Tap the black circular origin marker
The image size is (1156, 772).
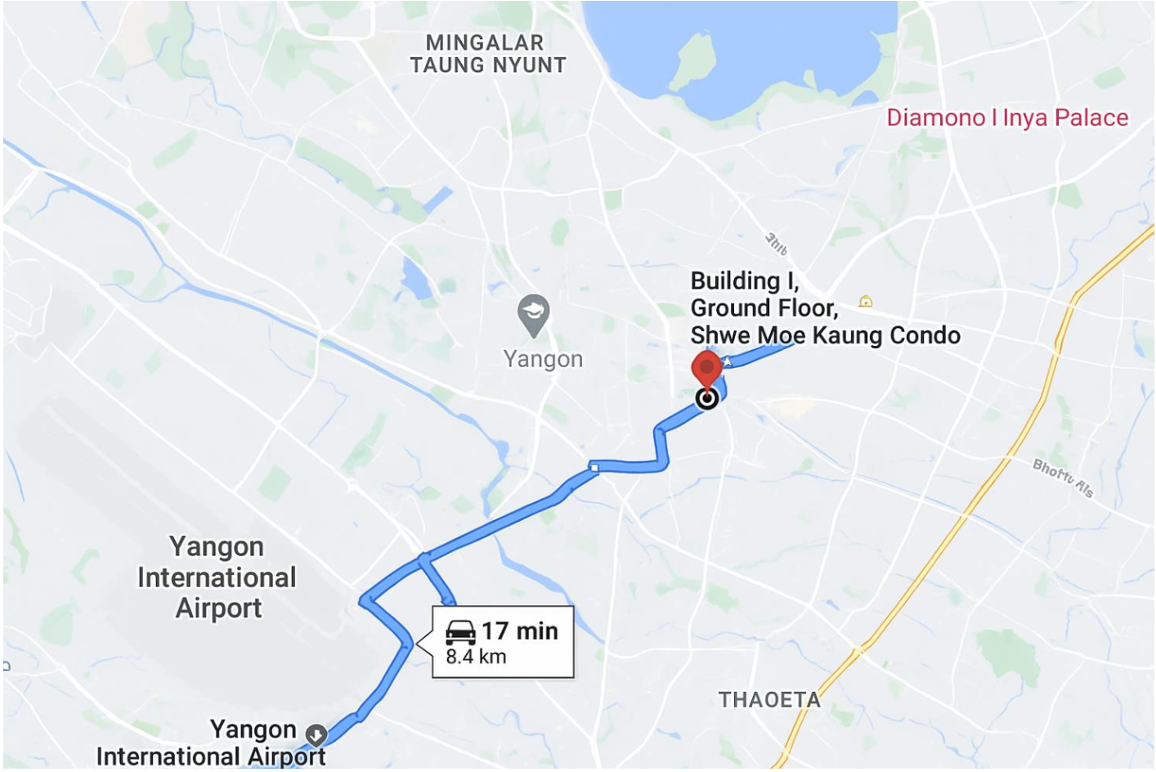point(707,398)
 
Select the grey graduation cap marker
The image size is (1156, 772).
point(533,313)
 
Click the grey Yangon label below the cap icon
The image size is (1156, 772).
point(543,359)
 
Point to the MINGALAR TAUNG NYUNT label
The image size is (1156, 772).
point(487,54)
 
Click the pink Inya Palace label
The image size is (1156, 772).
point(1007,118)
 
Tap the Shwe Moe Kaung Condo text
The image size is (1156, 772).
point(825,335)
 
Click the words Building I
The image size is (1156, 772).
point(744,281)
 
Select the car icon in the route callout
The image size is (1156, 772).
point(460,631)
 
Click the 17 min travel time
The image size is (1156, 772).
point(520,631)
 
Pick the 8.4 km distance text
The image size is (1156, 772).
point(476,657)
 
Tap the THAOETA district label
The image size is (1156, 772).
point(769,700)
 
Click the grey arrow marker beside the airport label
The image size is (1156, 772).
point(316,734)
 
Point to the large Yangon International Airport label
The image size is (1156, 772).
point(217,577)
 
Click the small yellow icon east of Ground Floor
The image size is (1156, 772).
point(866,302)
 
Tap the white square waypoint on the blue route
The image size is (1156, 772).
point(594,468)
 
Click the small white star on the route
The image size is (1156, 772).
point(727,361)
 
